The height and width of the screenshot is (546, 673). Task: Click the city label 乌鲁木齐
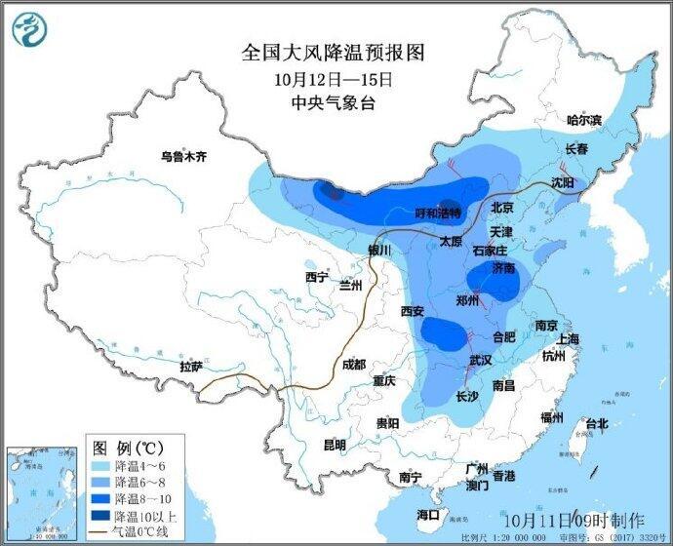click(x=184, y=155)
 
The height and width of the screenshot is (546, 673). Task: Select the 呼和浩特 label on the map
click(x=438, y=213)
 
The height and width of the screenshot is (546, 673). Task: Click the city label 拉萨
click(x=191, y=367)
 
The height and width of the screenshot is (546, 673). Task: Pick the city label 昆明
click(x=334, y=445)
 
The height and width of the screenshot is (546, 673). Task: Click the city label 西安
click(x=412, y=311)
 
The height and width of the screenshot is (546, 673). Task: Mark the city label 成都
click(x=353, y=365)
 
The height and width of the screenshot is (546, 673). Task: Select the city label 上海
click(x=568, y=338)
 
